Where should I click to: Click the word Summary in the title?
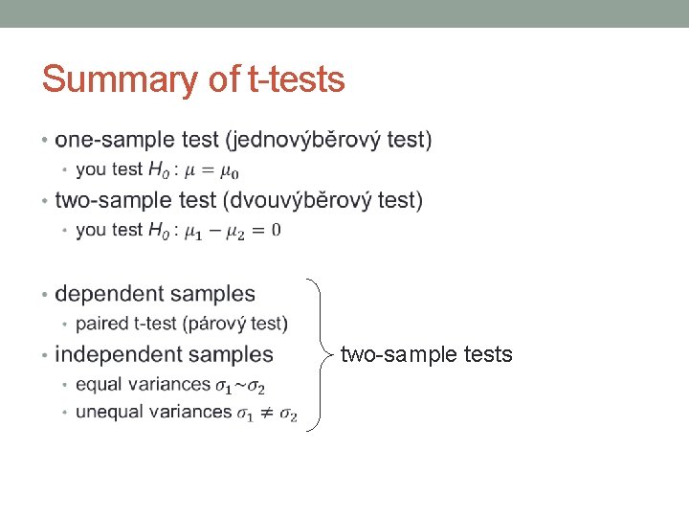click(x=104, y=80)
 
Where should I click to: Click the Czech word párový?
click(x=225, y=324)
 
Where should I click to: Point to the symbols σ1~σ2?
click(x=240, y=386)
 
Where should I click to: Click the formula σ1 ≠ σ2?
click(x=267, y=414)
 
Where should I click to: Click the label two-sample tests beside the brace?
click(x=427, y=355)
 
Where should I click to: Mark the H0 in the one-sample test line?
click(x=159, y=170)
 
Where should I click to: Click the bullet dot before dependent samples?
click(x=45, y=295)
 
